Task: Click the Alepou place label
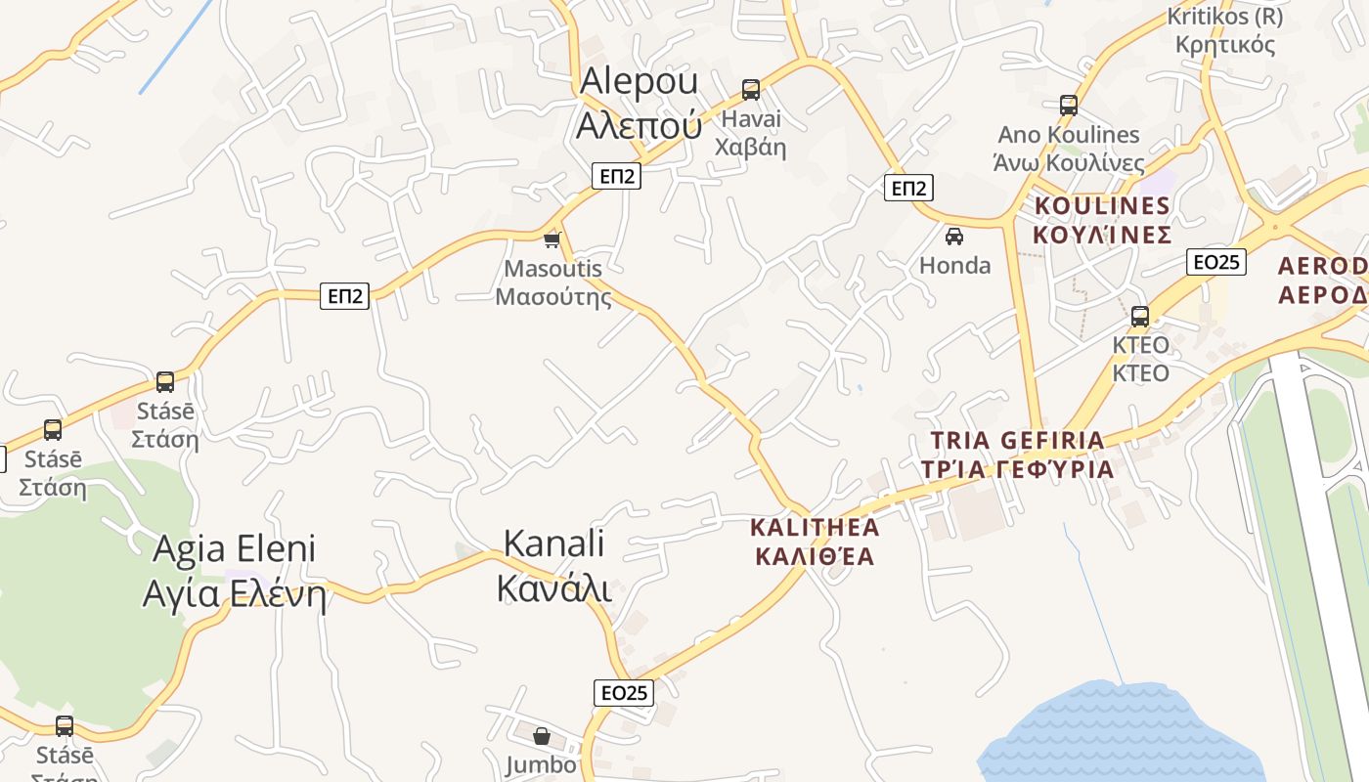[x=640, y=103]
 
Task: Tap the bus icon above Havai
[x=751, y=90]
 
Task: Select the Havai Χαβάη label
[x=751, y=133]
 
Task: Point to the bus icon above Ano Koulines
[x=1069, y=106]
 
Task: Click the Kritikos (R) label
[x=1225, y=30]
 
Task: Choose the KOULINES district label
[x=1102, y=220]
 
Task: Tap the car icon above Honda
[x=954, y=237]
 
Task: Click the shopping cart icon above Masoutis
[x=552, y=239]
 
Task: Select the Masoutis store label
[x=553, y=282]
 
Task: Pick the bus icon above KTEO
[x=1140, y=317]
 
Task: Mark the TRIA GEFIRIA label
[x=1018, y=455]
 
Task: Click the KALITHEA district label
[x=815, y=542]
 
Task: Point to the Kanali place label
[x=554, y=567]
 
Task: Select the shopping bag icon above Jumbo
[x=542, y=736]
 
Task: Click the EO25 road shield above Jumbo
[x=623, y=693]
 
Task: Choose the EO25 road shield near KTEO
[x=1216, y=262]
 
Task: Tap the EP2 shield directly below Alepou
[x=617, y=176]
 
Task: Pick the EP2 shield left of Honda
[x=908, y=188]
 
